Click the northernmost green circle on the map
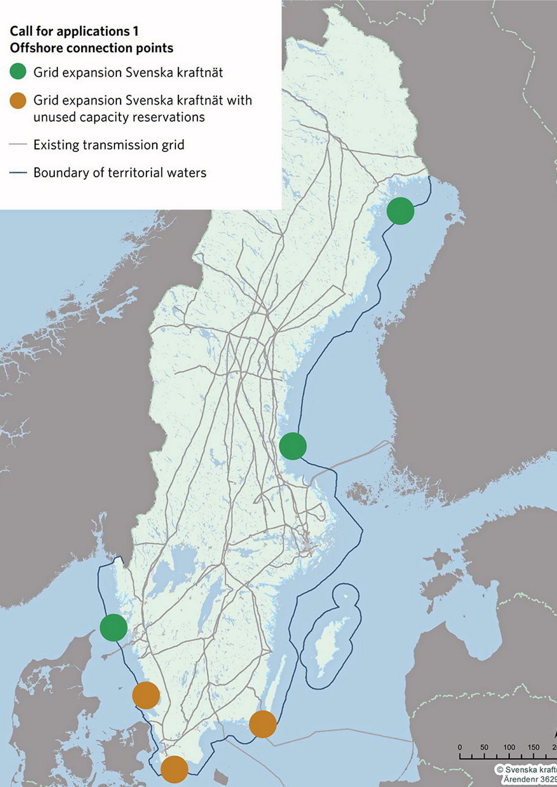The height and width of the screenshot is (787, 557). pyautogui.click(x=400, y=210)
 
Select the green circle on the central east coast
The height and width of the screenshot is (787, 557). pyautogui.click(x=293, y=446)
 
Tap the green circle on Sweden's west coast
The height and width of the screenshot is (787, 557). pyautogui.click(x=113, y=627)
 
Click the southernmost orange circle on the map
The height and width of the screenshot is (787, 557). pyautogui.click(x=174, y=769)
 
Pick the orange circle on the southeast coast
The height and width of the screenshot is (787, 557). pyautogui.click(x=262, y=724)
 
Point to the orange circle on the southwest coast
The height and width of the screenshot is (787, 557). pyautogui.click(x=146, y=695)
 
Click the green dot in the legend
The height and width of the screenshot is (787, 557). pyautogui.click(x=18, y=71)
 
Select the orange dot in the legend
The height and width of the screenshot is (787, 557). pyautogui.click(x=18, y=101)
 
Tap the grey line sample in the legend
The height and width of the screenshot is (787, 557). pyautogui.click(x=18, y=144)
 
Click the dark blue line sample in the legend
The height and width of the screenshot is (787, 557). pyautogui.click(x=18, y=172)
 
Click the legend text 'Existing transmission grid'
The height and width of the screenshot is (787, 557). pyautogui.click(x=109, y=145)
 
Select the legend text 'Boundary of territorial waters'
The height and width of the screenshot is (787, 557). pyautogui.click(x=120, y=172)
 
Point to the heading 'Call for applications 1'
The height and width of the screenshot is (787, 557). pyautogui.click(x=74, y=31)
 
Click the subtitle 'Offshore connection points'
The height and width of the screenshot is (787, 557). pyautogui.click(x=91, y=48)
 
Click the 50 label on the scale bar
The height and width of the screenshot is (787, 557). pyautogui.click(x=484, y=747)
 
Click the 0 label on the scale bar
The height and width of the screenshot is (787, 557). pyautogui.click(x=460, y=747)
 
